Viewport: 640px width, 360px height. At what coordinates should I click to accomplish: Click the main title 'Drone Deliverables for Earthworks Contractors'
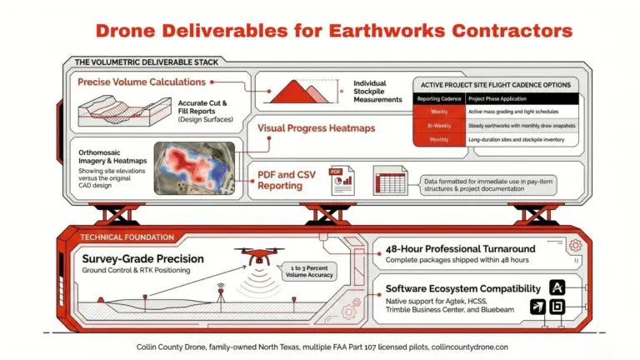pos(333,31)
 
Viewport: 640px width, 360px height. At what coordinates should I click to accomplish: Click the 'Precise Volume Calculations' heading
pos(142,82)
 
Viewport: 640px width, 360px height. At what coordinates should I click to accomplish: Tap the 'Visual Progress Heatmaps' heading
pos(316,128)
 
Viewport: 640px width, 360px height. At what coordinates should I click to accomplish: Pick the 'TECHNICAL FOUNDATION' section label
pos(117,237)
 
